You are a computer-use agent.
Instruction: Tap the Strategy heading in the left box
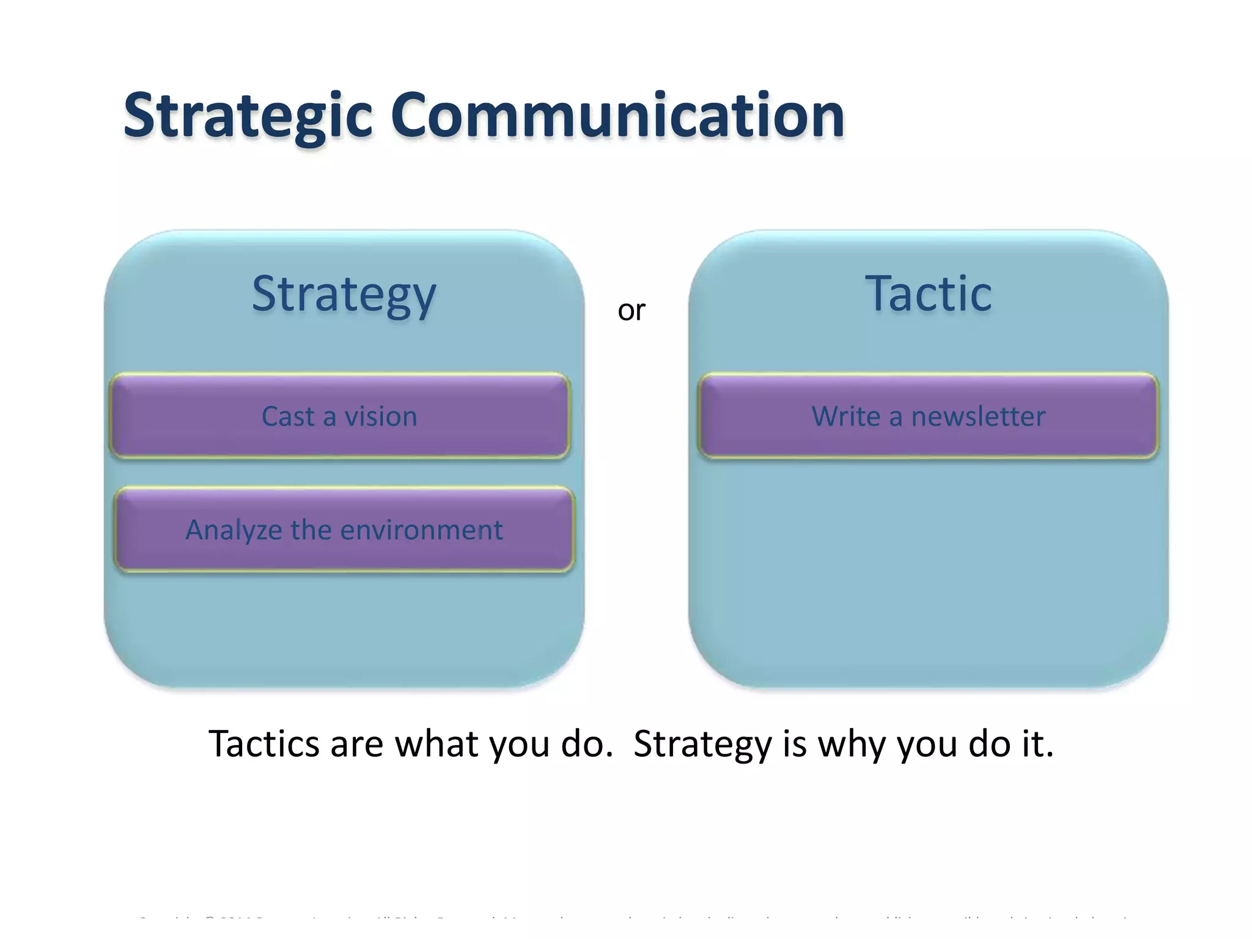pos(344,295)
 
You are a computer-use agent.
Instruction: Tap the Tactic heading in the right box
pos(928,295)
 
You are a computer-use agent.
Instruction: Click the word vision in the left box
pos(381,417)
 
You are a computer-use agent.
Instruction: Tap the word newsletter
pos(978,417)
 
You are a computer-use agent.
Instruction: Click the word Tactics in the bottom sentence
pos(263,744)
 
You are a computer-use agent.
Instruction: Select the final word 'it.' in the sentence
pos(1037,744)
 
